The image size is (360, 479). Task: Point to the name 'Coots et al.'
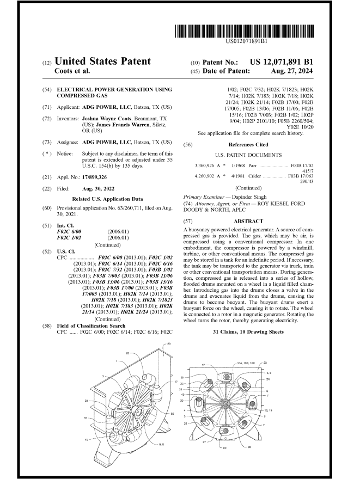[74, 70]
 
